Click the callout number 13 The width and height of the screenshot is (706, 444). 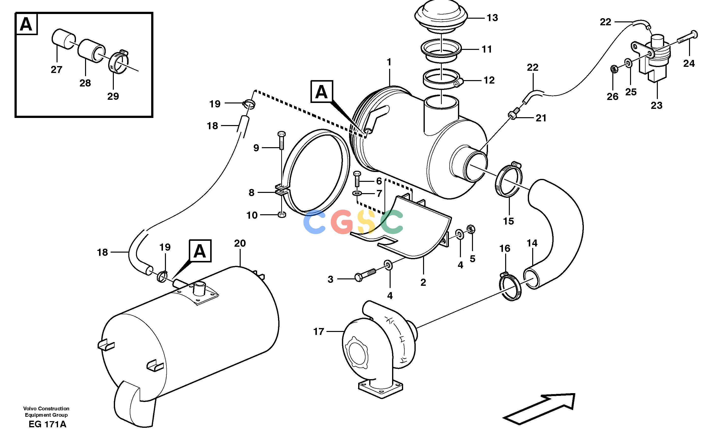[492, 18]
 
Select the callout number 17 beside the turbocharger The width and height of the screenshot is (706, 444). [318, 331]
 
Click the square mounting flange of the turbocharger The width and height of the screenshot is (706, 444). [381, 389]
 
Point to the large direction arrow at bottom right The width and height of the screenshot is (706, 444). [539, 409]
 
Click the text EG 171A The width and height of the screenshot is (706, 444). [47, 424]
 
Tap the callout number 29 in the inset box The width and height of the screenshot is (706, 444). [113, 96]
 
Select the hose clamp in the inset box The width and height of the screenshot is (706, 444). [118, 62]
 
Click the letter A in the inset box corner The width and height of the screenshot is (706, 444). [26, 24]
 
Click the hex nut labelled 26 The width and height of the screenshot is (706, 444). [613, 69]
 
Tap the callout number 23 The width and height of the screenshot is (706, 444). [656, 105]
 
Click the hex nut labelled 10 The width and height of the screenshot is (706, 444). [282, 215]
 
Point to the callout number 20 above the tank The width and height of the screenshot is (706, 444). [240, 243]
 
